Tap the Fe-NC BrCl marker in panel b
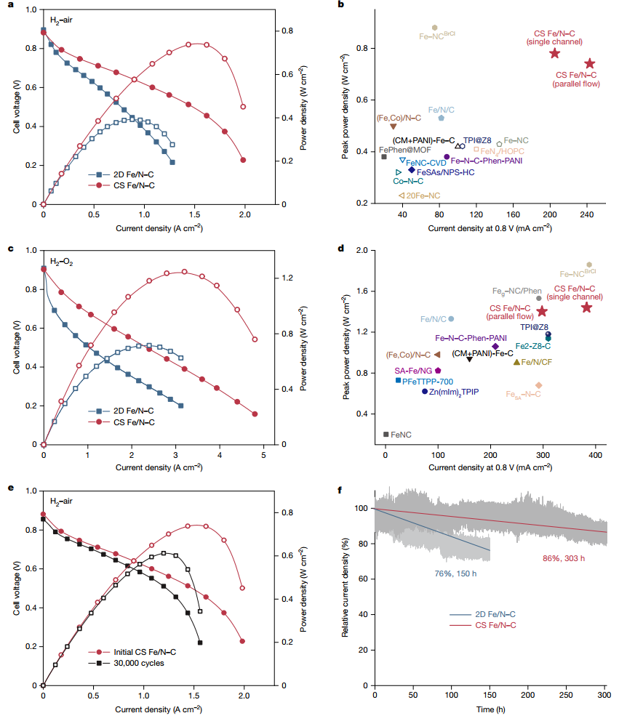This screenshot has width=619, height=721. [x=435, y=27]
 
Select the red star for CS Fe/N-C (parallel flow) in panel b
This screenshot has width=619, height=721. [x=589, y=64]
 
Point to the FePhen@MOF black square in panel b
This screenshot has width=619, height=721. [x=384, y=156]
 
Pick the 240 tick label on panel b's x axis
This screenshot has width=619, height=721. [x=587, y=215]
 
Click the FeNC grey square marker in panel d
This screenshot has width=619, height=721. [x=386, y=434]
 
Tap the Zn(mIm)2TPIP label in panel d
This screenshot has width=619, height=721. [x=455, y=391]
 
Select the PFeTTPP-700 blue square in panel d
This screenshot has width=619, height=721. [x=398, y=380]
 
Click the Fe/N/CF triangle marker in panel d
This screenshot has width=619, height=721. [x=516, y=361]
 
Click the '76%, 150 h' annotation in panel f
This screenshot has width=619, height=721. [x=455, y=573]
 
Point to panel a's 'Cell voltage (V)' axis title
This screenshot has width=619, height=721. [x=17, y=107]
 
